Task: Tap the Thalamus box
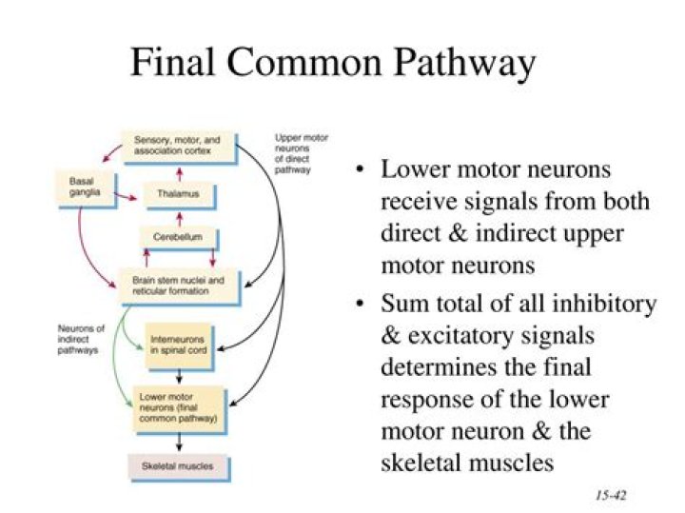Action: tap(178, 195)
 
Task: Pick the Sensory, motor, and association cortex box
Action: tap(178, 145)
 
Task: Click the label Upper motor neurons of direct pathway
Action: tap(302, 153)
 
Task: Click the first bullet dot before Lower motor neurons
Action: tap(360, 172)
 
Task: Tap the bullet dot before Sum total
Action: tap(360, 306)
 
